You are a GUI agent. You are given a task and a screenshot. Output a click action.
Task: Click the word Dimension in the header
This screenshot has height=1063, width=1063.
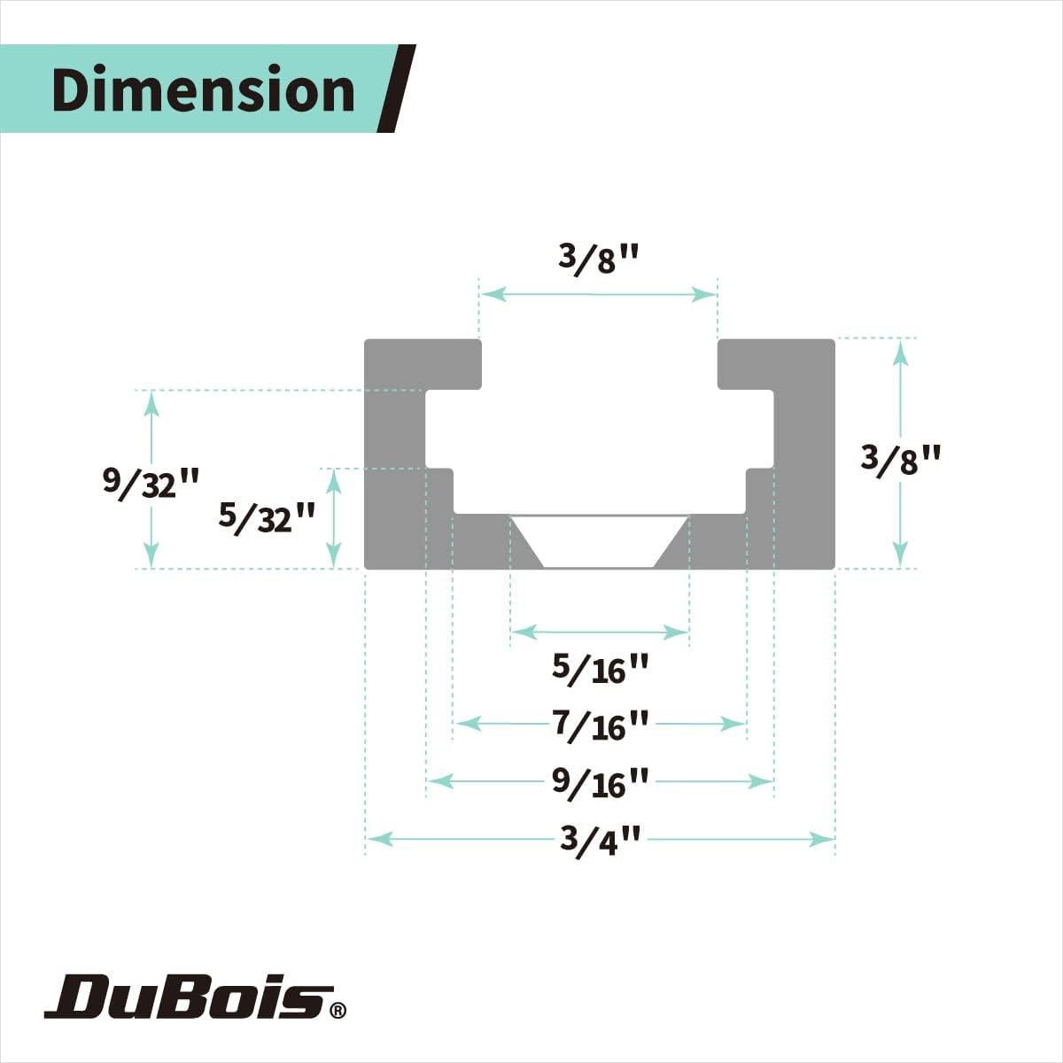[x=203, y=90]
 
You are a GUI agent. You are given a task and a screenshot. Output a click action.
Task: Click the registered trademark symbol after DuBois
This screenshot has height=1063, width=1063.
[x=338, y=1009]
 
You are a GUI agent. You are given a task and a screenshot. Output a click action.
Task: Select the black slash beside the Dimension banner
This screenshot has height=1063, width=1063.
[x=396, y=89]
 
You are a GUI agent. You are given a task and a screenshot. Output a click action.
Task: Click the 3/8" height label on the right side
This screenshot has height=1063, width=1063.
[x=900, y=460]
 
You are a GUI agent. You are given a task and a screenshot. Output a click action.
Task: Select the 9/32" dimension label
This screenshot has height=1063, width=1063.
[x=151, y=482]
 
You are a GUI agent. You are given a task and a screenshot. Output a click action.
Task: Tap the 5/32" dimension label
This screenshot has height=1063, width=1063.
[x=267, y=516]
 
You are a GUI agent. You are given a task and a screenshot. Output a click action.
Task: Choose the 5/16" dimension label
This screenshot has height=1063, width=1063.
[x=601, y=668]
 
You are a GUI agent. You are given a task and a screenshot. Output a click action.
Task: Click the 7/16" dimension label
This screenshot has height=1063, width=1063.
[x=601, y=725]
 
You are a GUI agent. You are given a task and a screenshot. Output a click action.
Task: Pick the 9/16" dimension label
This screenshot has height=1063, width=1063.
[x=601, y=782]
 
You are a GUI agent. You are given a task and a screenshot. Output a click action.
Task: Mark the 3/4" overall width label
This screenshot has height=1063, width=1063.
[x=600, y=839]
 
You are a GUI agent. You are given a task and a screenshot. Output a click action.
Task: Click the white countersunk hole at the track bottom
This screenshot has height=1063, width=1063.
[x=600, y=541]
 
